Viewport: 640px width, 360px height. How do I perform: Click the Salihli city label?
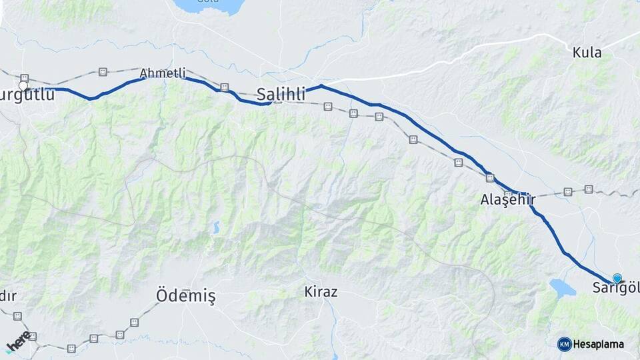tap(281, 95)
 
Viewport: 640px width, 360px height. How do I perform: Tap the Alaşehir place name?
tap(507, 199)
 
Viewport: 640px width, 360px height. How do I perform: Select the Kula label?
tap(587, 53)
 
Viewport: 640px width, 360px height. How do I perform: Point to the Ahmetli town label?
tap(163, 73)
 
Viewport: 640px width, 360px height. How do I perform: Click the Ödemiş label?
tap(185, 295)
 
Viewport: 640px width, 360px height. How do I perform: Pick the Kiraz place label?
tap(321, 291)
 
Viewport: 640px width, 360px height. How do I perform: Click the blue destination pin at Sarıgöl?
tap(617, 278)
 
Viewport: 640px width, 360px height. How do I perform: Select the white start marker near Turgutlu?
tap(23, 86)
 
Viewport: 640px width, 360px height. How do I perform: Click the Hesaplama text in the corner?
tap(598, 344)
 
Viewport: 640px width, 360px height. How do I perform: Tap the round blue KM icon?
tap(564, 344)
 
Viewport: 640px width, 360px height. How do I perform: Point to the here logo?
tap(18, 341)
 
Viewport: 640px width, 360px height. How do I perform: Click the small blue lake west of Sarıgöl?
tap(561, 287)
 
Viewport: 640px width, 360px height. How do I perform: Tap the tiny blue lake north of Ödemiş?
tap(215, 228)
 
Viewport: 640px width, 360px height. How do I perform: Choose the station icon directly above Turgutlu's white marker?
tap(25, 78)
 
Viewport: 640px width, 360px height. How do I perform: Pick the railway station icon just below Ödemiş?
tap(134, 322)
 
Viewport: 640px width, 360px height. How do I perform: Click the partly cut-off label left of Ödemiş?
tap(8, 295)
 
